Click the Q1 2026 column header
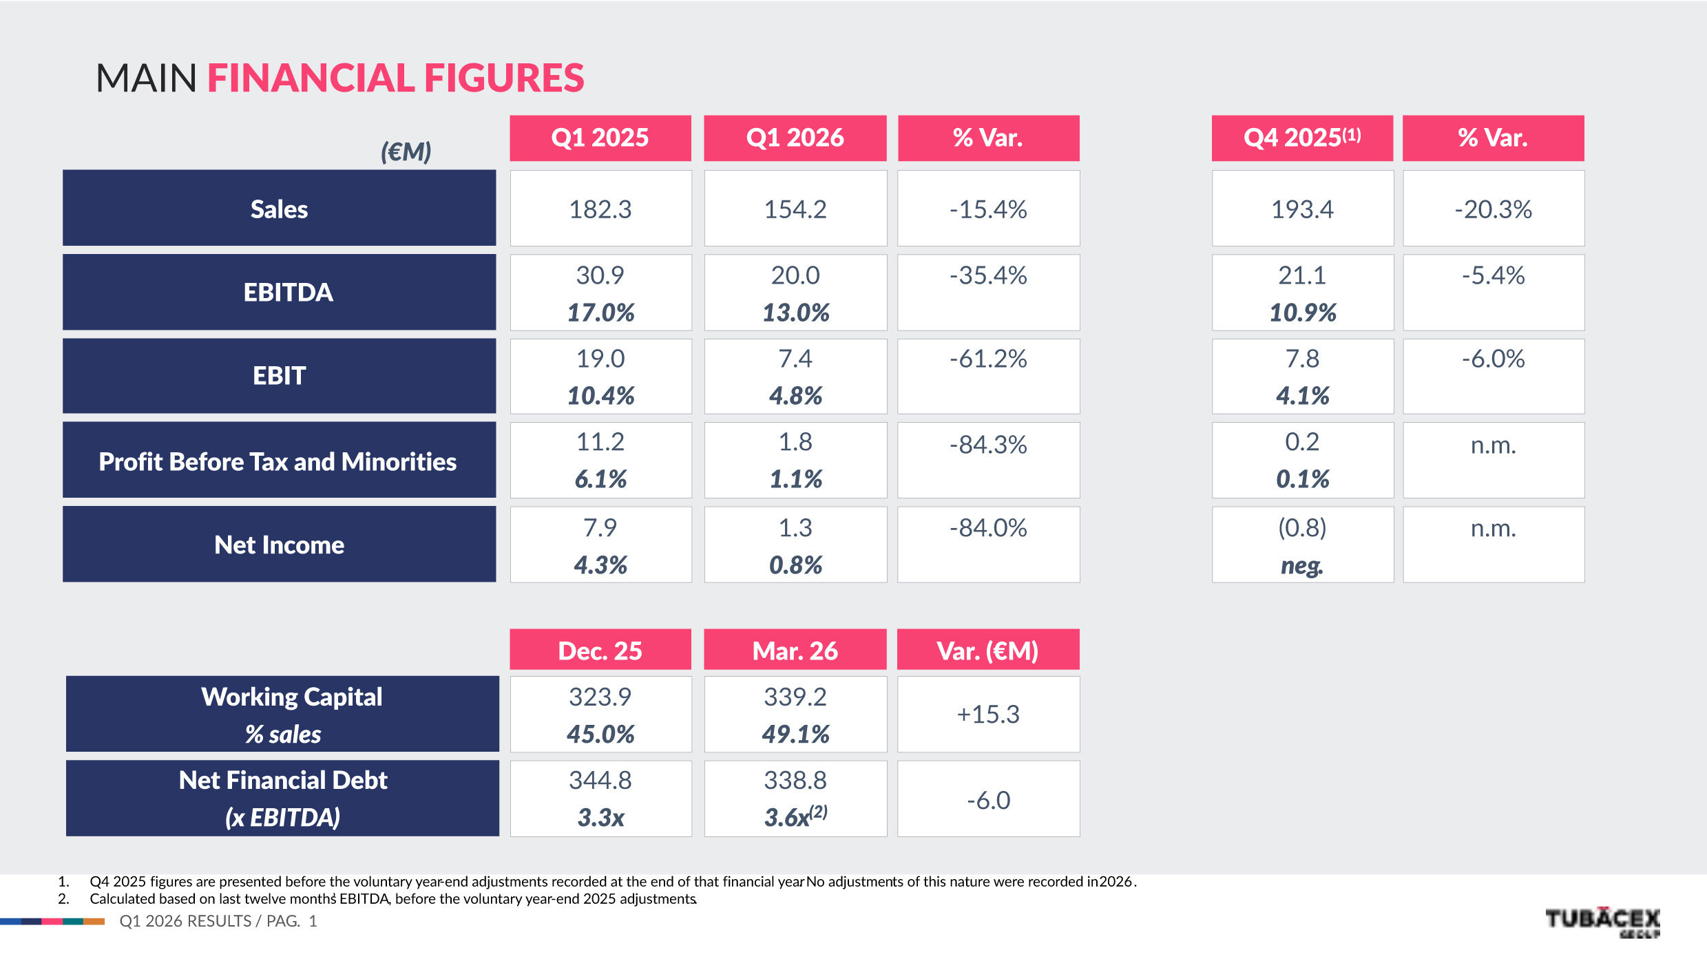coord(795,138)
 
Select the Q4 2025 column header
coord(1301,138)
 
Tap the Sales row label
coord(279,209)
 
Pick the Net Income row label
coord(279,545)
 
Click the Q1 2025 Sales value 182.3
coord(600,209)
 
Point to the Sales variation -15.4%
coord(988,209)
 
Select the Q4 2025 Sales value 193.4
coord(1301,209)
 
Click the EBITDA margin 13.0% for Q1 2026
coord(795,313)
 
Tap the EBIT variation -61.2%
coord(988,359)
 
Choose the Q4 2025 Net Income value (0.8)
coord(1301,528)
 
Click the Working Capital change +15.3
coord(988,714)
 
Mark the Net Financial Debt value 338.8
coord(795,780)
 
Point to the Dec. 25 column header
coord(600,651)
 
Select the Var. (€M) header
coord(987,651)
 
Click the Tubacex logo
coord(1602,921)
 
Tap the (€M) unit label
coord(406,151)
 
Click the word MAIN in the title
coord(146,78)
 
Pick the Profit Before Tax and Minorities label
coord(277,461)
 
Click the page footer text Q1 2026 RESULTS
coord(185,921)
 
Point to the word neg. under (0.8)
coord(1301,565)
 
